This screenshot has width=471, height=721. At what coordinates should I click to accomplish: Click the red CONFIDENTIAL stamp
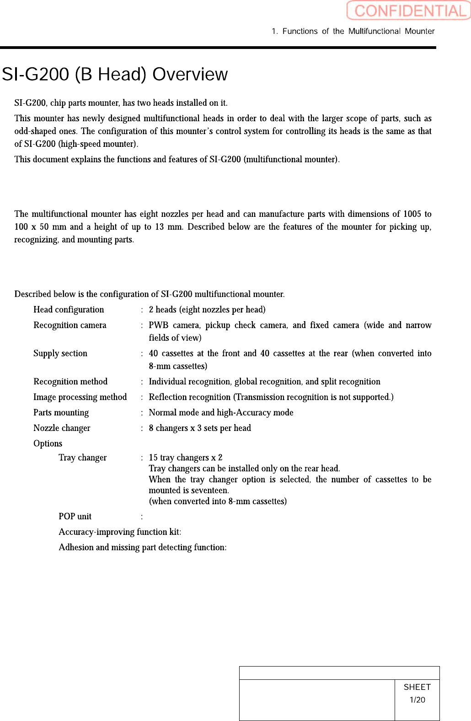[408, 11]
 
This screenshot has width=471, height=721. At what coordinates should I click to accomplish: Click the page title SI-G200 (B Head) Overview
[115, 74]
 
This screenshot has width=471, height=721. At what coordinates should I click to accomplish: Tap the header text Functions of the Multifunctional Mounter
[358, 31]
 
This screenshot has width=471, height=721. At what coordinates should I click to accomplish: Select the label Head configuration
[69, 310]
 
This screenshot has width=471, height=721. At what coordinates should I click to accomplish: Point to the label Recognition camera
[70, 325]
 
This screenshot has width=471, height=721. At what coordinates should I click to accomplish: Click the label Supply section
[60, 354]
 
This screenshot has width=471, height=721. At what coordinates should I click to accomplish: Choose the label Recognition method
[70, 382]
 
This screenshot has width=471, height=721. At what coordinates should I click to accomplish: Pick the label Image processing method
[80, 397]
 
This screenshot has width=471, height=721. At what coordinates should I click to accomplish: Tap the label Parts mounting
[61, 413]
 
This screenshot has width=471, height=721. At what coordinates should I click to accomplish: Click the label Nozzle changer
[62, 428]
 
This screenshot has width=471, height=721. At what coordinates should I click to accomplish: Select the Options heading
[48, 444]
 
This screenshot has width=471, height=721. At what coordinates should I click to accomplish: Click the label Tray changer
[83, 458]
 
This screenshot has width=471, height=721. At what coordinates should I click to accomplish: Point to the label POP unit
[75, 517]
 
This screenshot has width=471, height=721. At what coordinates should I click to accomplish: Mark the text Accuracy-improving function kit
[119, 532]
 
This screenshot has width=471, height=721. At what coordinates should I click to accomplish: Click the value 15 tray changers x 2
[186, 458]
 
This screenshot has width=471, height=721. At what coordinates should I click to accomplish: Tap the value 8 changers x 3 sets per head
[200, 428]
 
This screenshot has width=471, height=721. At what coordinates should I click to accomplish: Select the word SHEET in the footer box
[417, 687]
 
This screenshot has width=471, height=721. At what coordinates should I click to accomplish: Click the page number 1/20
[417, 700]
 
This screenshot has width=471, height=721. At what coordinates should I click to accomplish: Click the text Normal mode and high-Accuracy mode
[221, 413]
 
